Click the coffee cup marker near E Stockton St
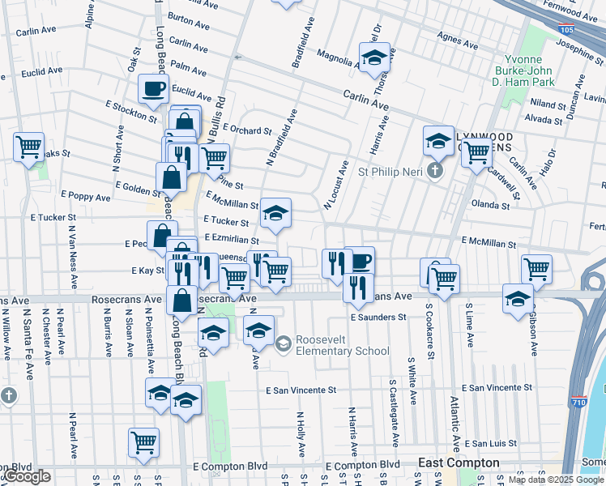click(x=152, y=89)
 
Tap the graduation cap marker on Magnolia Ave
click(x=374, y=58)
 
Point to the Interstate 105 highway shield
click(x=568, y=29)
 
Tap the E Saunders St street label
click(x=378, y=318)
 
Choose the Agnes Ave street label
click(x=459, y=36)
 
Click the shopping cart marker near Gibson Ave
click(x=536, y=269)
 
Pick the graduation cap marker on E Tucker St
click(x=275, y=214)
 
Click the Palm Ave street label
click(x=189, y=70)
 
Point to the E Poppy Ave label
click(x=85, y=197)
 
